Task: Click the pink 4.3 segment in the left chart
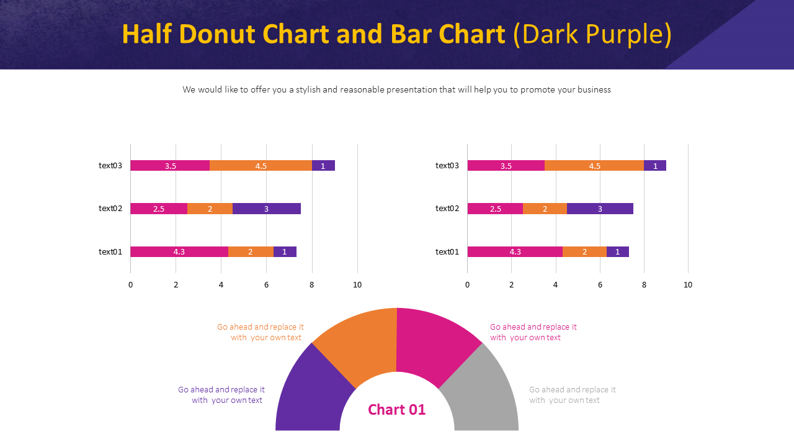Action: click(x=179, y=251)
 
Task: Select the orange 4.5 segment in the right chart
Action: click(x=594, y=166)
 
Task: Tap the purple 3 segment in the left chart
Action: click(x=266, y=209)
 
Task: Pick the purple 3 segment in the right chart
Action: click(x=600, y=209)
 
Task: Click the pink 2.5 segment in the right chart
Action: click(x=495, y=209)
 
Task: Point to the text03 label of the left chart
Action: click(x=110, y=166)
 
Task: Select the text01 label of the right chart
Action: click(x=447, y=251)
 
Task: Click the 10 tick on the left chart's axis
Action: click(x=357, y=285)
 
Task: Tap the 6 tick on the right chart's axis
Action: click(x=600, y=285)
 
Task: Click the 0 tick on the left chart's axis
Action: click(x=130, y=285)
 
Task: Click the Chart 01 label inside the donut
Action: click(x=397, y=410)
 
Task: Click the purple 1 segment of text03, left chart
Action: click(x=323, y=166)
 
